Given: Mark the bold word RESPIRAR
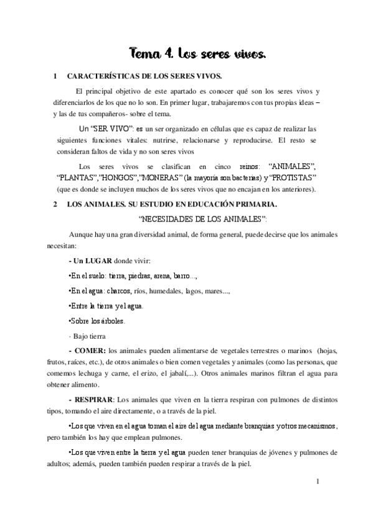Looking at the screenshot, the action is [95, 399].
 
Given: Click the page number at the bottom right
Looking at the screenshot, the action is [318, 482].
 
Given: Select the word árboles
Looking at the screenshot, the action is [111, 321].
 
